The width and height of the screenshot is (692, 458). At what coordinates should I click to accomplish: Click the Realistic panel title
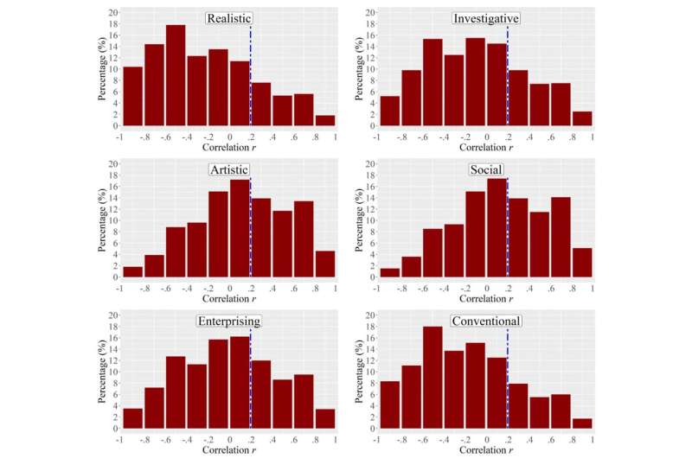pos(228,18)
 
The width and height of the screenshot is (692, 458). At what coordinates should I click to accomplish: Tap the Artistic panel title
pos(228,170)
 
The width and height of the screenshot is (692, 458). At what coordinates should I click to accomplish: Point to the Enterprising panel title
pos(228,321)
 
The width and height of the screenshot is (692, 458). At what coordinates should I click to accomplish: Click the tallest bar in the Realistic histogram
pos(176,75)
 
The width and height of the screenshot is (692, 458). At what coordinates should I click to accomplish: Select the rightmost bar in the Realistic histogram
pos(325,120)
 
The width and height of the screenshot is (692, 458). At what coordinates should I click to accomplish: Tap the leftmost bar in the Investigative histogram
pos(390,111)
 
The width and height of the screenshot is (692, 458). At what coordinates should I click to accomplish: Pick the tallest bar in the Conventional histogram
pos(432,378)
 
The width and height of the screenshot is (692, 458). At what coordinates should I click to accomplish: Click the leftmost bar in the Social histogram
pos(390,272)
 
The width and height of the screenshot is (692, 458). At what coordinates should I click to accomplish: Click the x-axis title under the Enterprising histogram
pos(228,450)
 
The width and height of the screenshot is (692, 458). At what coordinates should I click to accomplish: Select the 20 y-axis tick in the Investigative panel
pos(369,13)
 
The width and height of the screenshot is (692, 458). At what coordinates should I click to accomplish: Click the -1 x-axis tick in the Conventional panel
pos(376,439)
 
